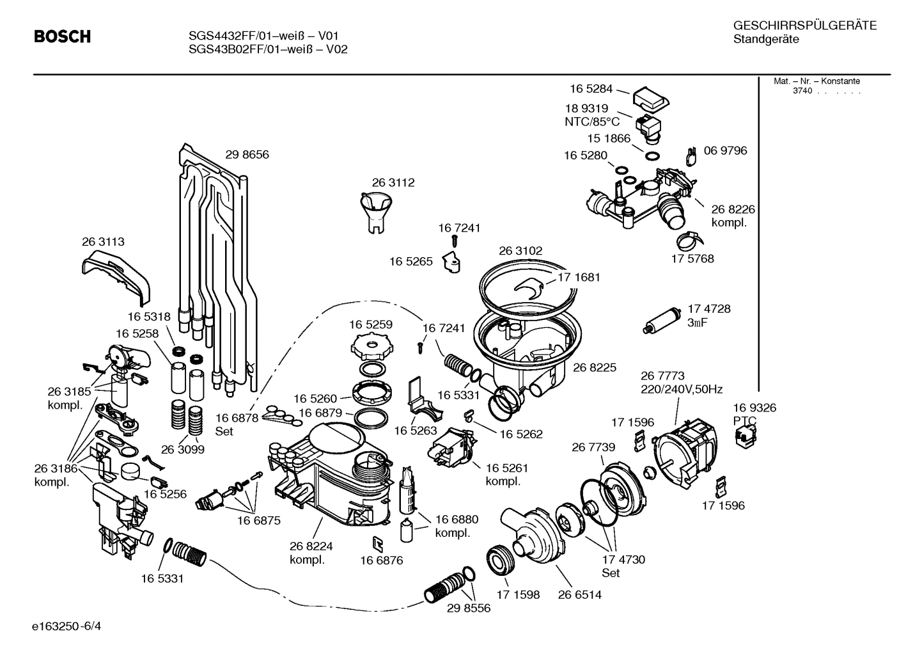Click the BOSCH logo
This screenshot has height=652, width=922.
coord(62,37)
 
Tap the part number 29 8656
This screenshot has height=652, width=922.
coord(247,154)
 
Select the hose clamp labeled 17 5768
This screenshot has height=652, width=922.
coord(685,241)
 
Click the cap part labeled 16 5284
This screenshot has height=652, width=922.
coord(650,97)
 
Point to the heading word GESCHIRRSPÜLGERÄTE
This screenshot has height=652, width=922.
coord(804,26)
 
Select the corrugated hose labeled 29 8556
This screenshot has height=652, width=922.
coord(446,587)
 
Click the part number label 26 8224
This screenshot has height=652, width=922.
coord(311,546)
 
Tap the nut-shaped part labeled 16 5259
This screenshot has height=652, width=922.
coord(370,349)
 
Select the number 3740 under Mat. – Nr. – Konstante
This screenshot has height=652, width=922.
coord(802,91)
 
